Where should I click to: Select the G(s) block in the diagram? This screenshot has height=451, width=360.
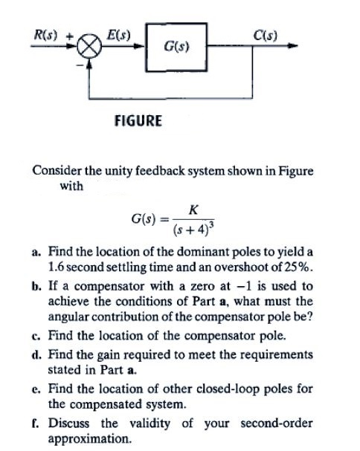176,47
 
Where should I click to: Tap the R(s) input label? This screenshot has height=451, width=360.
45,35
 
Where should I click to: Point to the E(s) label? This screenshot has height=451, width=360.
118,35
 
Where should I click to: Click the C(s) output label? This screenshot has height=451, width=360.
266,36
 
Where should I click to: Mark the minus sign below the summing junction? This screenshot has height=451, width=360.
79,65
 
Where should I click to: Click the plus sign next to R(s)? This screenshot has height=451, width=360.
68,36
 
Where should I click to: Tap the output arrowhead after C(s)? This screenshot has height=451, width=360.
292,46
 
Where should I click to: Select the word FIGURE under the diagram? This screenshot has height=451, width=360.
138,120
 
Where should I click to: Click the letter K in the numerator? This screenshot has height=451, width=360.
193,210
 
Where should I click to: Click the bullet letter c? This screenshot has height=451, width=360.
36,337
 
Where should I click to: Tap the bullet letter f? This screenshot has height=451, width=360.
35,424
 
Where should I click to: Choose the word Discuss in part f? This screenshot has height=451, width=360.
69,423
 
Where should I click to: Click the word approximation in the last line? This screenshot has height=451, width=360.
90,439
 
